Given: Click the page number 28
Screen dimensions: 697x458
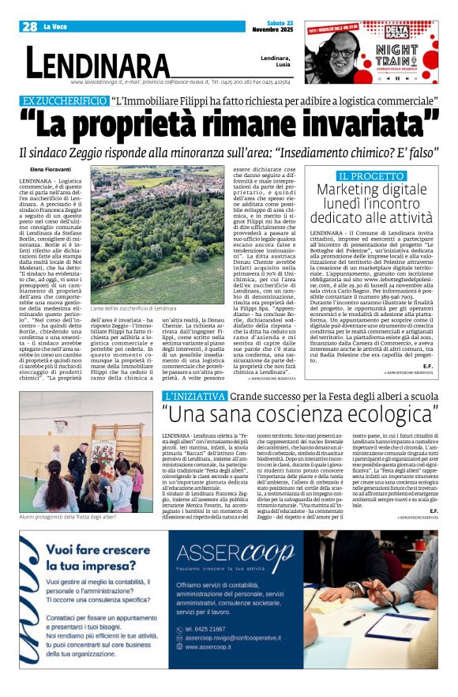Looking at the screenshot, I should click(30, 27).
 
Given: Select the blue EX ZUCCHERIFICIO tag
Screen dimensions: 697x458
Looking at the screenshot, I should click(65, 101).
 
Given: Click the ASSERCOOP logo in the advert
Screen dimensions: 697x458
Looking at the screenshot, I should click(234, 551).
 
